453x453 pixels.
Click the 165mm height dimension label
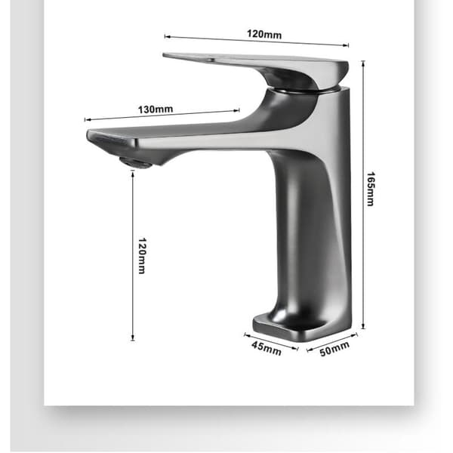[x=371, y=189]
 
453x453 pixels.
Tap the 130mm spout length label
[x=156, y=109]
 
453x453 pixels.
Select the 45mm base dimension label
[x=266, y=348]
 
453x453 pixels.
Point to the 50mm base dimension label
[x=334, y=348]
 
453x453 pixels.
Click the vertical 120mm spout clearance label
[x=142, y=256]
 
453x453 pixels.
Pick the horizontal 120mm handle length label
[x=264, y=34]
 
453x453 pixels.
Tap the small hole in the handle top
[x=209, y=60]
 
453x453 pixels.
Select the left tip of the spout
[x=88, y=135]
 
